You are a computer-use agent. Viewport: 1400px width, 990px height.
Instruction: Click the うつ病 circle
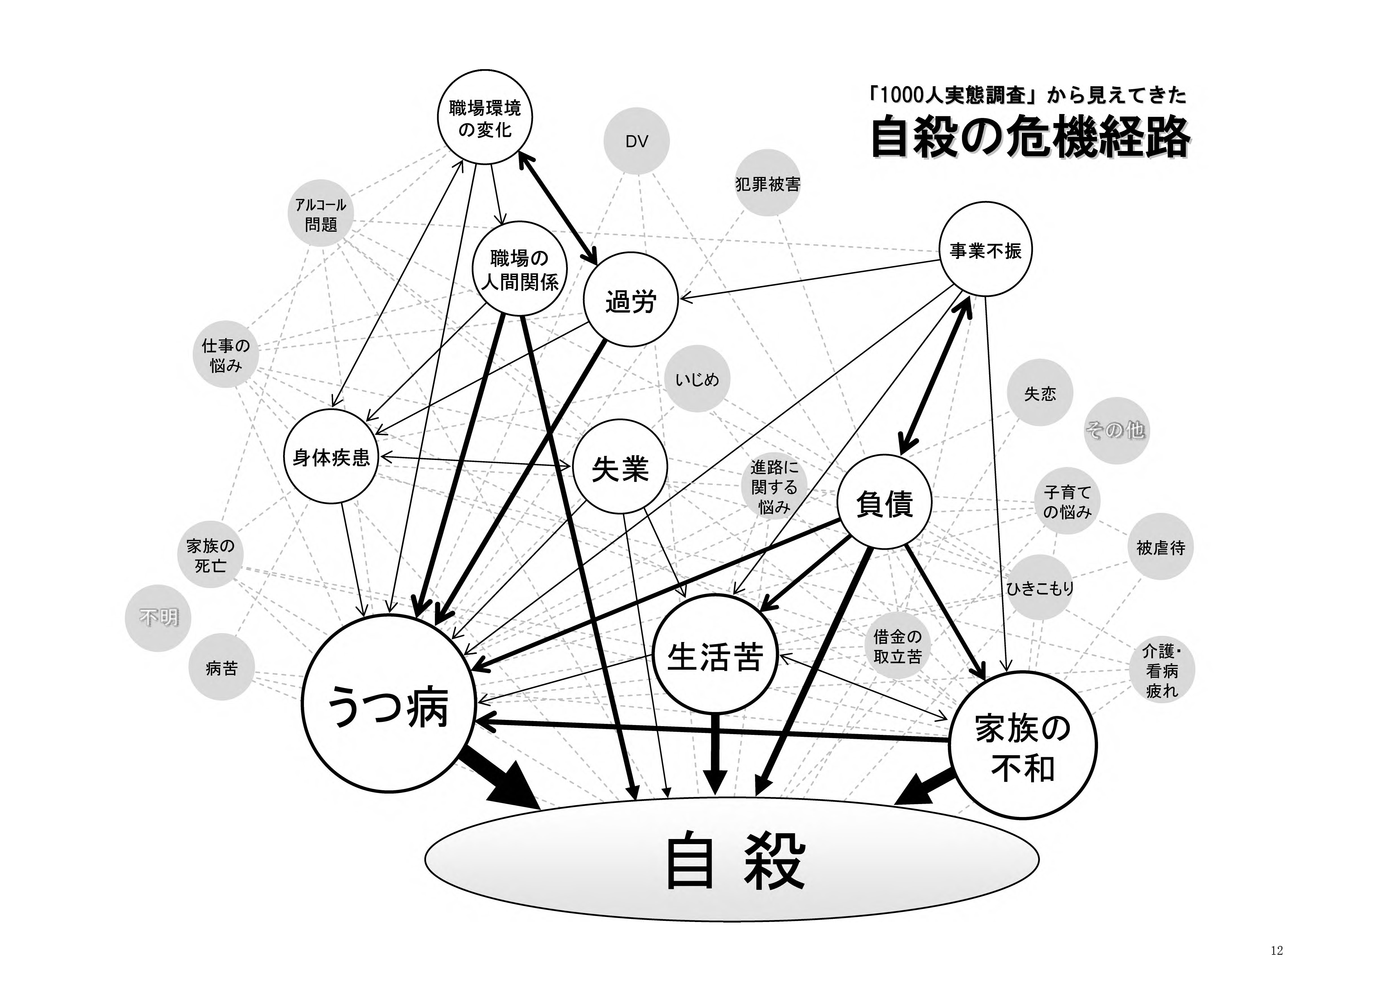coord(388,704)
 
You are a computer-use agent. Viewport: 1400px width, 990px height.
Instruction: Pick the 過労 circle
coord(630,301)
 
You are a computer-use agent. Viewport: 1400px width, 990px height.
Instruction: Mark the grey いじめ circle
coord(697,380)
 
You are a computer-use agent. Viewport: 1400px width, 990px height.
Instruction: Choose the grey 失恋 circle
coord(1040,393)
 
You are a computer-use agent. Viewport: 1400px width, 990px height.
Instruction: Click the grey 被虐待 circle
coord(1160,547)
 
